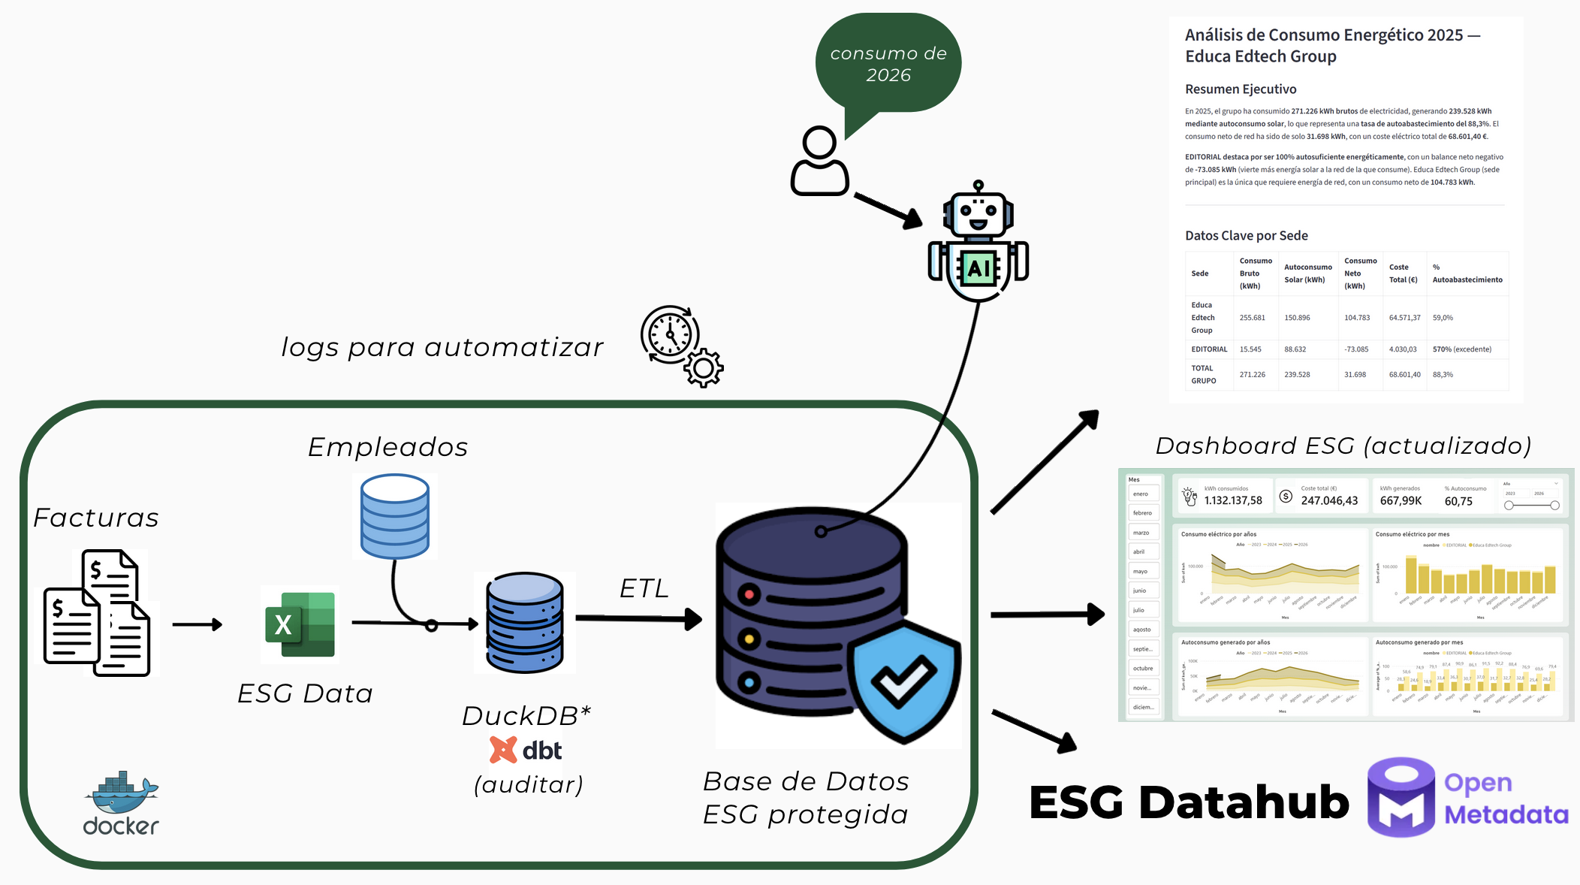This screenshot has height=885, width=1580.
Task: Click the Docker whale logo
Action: pyautogui.click(x=121, y=793)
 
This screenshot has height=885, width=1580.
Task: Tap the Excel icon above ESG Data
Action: pyautogui.click(x=300, y=624)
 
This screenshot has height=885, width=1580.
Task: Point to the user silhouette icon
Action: pyautogui.click(x=819, y=162)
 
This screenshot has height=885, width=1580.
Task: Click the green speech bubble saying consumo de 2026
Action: pyautogui.click(x=888, y=65)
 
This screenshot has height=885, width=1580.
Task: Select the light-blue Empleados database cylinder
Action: pyautogui.click(x=394, y=516)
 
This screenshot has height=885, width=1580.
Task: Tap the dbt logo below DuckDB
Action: pyautogui.click(x=526, y=750)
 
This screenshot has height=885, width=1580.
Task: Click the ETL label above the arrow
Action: pyautogui.click(x=644, y=588)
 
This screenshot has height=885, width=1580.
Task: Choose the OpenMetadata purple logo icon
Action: pyautogui.click(x=1401, y=798)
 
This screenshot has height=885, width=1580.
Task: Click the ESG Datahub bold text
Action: pyautogui.click(x=1189, y=802)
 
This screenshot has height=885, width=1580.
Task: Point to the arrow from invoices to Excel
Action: pyautogui.click(x=197, y=624)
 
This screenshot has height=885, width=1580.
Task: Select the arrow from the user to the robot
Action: pyautogui.click(x=888, y=210)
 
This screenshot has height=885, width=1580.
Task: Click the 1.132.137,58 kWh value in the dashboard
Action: pyautogui.click(x=1233, y=500)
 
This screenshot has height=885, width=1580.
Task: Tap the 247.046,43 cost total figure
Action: pyautogui.click(x=1329, y=500)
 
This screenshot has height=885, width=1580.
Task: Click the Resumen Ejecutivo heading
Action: pyautogui.click(x=1241, y=89)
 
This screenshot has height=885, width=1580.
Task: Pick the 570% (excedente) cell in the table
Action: pyautogui.click(x=1461, y=349)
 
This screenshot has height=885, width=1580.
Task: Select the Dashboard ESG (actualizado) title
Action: pyautogui.click(x=1343, y=446)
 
